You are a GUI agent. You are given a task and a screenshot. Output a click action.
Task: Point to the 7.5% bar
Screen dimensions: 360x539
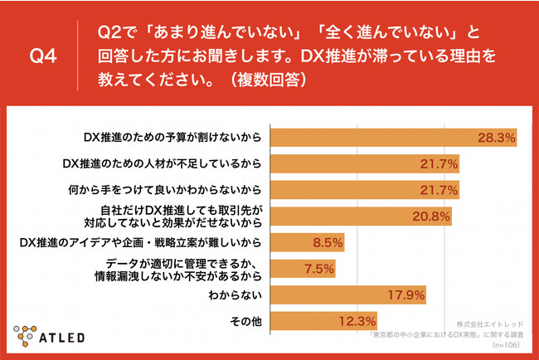point(303,269)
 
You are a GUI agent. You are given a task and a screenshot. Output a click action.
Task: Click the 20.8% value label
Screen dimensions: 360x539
point(431,217)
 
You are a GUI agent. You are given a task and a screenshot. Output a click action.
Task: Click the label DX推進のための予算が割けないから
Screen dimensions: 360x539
point(174,137)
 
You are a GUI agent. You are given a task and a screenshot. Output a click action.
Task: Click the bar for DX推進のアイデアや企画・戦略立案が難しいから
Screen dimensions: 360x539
point(308,243)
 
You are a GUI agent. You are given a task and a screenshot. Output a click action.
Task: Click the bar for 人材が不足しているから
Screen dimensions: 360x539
point(366,163)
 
